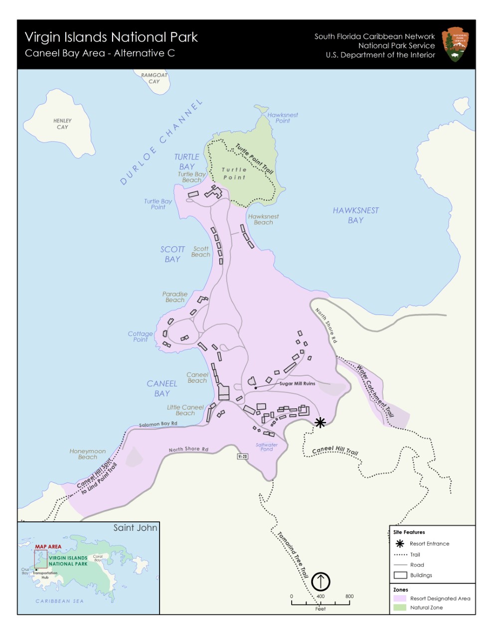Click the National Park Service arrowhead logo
455,44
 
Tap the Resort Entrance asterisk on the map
320,423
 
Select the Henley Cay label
62,124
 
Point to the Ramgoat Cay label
154,78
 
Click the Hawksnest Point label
283,118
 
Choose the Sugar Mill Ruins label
297,383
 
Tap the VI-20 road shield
242,456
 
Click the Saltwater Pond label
267,447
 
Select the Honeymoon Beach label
88,454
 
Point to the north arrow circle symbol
321,581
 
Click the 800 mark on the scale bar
349,596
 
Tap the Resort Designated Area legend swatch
400,598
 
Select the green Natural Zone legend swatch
400,608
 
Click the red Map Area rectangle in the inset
40,559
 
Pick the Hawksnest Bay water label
355,215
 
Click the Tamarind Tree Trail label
293,555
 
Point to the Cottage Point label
140,336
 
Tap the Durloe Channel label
161,142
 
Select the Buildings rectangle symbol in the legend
400,575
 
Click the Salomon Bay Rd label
158,424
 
